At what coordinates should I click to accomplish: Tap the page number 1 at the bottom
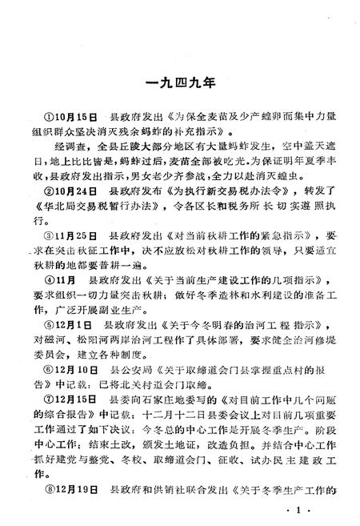click(297, 510)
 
